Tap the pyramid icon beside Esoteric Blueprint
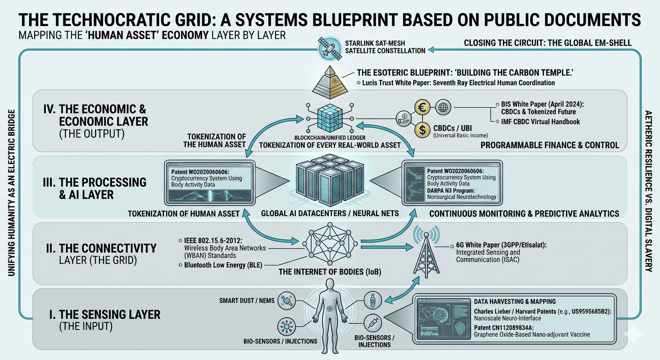[330, 82]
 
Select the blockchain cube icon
[330, 118]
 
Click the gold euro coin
[422, 107]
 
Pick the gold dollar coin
[422, 130]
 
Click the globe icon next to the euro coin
[443, 107]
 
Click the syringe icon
[373, 323]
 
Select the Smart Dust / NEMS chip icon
[286, 301]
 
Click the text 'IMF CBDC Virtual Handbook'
[540, 122]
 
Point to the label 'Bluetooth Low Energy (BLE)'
[223, 265]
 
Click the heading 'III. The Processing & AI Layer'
[95, 188]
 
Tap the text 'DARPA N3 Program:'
[451, 191]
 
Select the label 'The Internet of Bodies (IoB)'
[330, 271]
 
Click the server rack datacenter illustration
[330, 180]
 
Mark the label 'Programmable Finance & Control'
[550, 145]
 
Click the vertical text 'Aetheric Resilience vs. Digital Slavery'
[648, 192]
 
